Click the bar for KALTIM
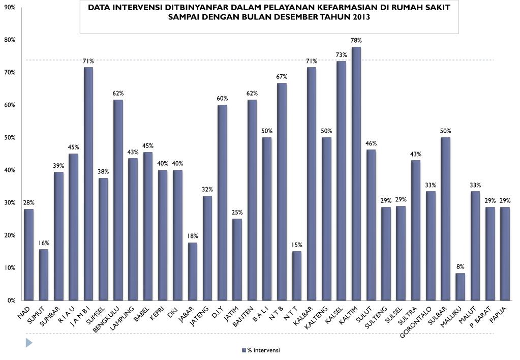point(356,173)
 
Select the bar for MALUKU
point(461,287)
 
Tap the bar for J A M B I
point(88,184)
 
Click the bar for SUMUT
point(44,275)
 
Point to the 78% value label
point(356,40)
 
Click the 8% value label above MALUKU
point(461,266)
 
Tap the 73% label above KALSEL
point(342,54)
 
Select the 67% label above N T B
point(282,76)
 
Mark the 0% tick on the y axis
point(11,301)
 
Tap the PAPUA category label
point(499,313)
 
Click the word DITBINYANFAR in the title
point(179,8)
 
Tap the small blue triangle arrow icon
point(29,343)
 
